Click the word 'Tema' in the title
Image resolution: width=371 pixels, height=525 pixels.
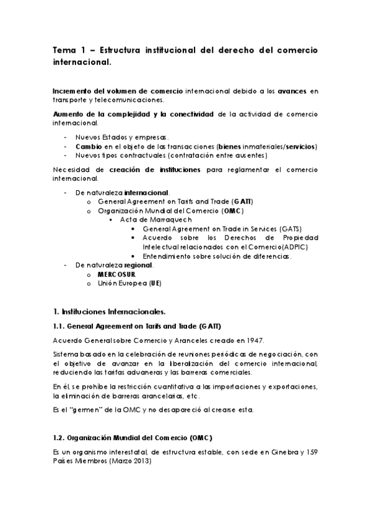tap(63, 50)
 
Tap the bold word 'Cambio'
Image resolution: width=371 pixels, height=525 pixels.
tap(88, 146)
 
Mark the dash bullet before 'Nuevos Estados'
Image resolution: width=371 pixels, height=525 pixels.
tap(66, 137)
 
